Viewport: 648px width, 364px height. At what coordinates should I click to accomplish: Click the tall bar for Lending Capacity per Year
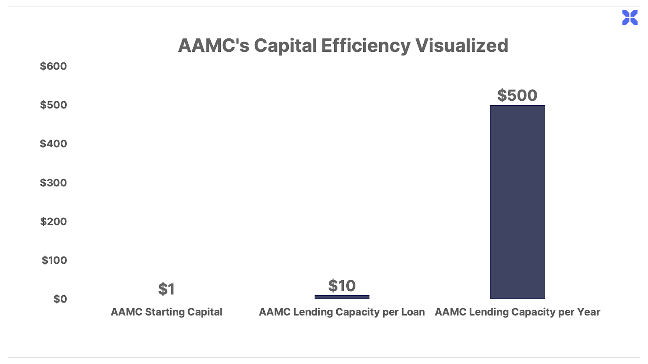point(517,202)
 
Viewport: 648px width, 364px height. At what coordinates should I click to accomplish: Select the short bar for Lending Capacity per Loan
point(342,297)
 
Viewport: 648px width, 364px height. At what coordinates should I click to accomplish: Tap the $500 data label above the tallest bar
point(517,95)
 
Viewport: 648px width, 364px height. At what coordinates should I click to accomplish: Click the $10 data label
point(342,286)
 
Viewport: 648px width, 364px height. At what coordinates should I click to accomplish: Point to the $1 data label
point(166,289)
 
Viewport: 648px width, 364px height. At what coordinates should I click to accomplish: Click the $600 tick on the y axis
point(53,66)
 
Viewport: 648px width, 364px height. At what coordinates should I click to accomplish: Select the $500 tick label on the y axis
point(53,105)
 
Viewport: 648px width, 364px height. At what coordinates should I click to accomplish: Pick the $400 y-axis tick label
point(53,144)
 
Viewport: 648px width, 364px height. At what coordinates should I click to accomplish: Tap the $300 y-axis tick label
point(53,182)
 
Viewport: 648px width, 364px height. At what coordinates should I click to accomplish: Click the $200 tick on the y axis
point(53,221)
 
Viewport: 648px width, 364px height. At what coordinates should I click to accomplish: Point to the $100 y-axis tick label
point(54,260)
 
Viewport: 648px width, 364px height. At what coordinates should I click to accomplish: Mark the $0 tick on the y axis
point(60,299)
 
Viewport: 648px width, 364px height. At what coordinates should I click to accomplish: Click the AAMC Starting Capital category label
point(166,312)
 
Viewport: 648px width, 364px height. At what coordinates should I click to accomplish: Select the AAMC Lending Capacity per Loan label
point(342,312)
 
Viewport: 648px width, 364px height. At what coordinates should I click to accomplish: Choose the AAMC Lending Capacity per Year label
point(517,312)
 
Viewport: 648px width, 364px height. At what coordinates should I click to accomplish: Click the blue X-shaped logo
point(630,17)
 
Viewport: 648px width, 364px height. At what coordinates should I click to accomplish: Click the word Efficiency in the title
point(366,46)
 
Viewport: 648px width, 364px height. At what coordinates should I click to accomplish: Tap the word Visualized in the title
point(462,45)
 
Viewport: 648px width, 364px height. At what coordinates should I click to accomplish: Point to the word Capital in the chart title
point(285,46)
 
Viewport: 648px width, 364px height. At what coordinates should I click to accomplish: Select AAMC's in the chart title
point(213,45)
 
